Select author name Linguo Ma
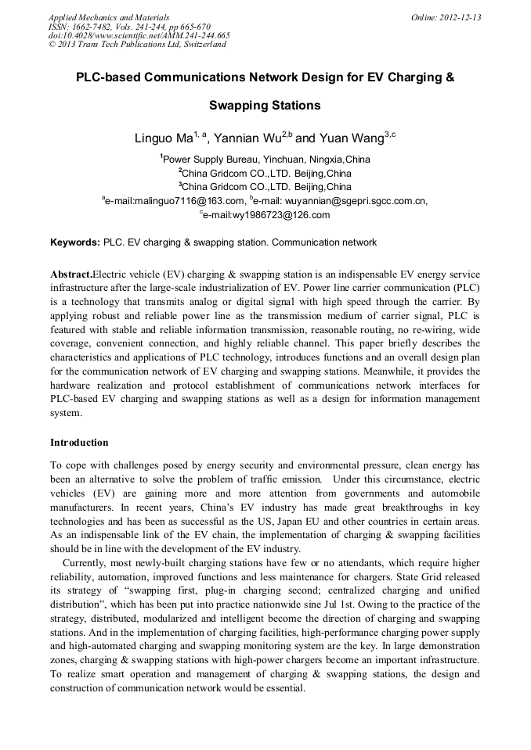click(x=163, y=138)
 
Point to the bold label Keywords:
click(x=75, y=242)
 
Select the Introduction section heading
click(x=79, y=442)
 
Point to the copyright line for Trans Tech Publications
click(x=137, y=45)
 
